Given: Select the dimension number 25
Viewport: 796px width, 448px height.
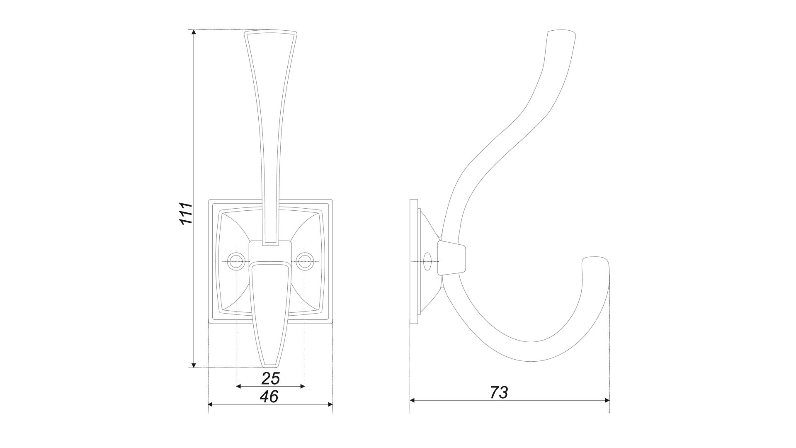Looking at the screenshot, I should [x=271, y=378].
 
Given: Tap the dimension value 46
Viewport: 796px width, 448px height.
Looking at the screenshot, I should [x=269, y=397].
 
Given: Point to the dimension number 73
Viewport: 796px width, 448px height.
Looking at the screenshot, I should [x=499, y=392].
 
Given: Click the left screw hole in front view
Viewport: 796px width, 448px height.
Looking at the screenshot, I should [x=236, y=262].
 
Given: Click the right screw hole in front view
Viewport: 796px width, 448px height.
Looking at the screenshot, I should [x=305, y=262].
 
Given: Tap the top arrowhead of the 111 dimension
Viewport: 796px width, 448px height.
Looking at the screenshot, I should [x=194, y=32].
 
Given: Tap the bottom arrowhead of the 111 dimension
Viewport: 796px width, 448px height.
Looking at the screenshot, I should [x=194, y=365].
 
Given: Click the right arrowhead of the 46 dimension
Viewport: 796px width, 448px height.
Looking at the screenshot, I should [x=330, y=404].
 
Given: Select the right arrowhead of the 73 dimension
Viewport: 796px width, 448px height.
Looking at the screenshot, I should [x=607, y=400].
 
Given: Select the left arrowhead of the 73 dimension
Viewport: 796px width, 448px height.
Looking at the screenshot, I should [x=413, y=400].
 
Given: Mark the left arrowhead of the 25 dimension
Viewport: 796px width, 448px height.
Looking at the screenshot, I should [x=238, y=386].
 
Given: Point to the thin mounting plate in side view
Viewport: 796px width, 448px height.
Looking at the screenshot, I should [x=414, y=261].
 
